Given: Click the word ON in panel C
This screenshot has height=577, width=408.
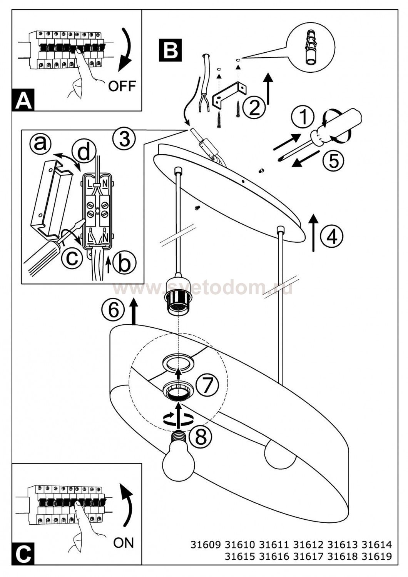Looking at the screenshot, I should click(x=124, y=543).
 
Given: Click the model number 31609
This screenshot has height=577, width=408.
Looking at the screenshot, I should click(x=206, y=545).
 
